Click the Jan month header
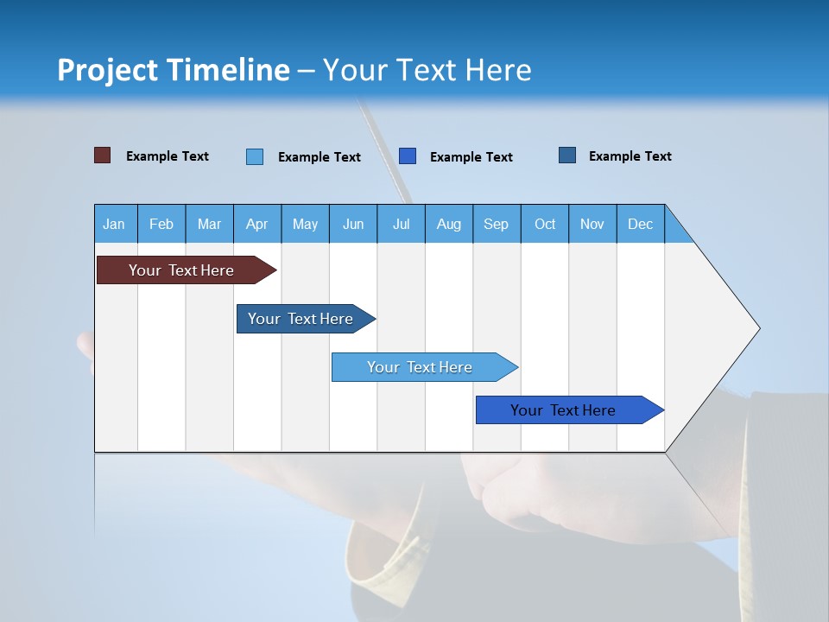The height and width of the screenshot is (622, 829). click(115, 224)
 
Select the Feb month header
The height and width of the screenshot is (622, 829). click(161, 224)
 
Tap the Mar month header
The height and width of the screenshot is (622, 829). click(209, 224)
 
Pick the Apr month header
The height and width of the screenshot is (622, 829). click(257, 224)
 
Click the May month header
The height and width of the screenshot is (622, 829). click(305, 224)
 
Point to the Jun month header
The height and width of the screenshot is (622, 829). click(353, 224)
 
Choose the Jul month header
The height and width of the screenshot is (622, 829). click(401, 224)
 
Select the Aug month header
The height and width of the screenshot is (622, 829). click(449, 224)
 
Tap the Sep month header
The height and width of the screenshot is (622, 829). click(497, 224)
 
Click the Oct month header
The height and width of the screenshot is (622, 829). click(545, 224)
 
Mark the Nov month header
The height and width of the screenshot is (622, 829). click(592, 224)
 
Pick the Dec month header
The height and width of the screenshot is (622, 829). click(641, 224)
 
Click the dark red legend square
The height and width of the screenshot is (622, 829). click(103, 155)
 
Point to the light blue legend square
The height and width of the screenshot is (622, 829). click(255, 156)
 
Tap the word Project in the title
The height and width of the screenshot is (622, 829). click(107, 70)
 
